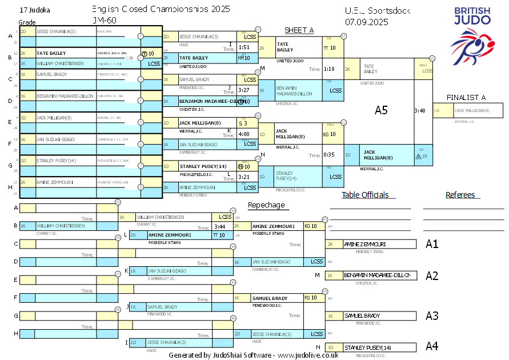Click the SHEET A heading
tap(299, 30)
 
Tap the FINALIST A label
tap(467, 97)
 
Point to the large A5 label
tap(381, 110)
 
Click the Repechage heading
tap(266, 205)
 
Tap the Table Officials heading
tap(365, 195)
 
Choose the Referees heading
tap(460, 195)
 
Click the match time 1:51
tap(244, 47)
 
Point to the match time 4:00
tap(244, 134)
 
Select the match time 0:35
tap(328, 154)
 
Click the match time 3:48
tap(420, 110)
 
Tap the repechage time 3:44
tap(220, 226)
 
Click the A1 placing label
tap(432, 244)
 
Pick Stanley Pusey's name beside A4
tap(367, 347)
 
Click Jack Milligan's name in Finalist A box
tap(471, 110)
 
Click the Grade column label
tap(27, 22)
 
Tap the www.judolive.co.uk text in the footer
tap(308, 355)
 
